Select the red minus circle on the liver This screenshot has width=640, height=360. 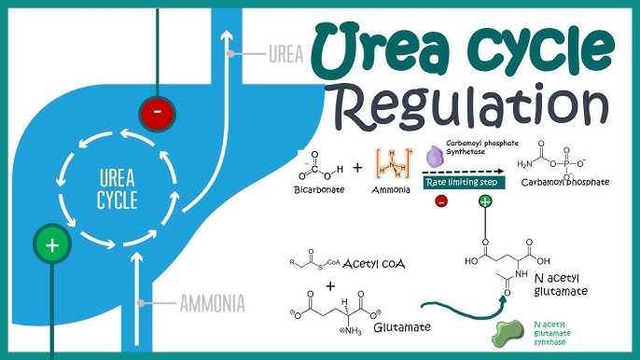pos(158,114)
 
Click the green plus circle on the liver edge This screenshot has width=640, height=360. pos(52,245)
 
